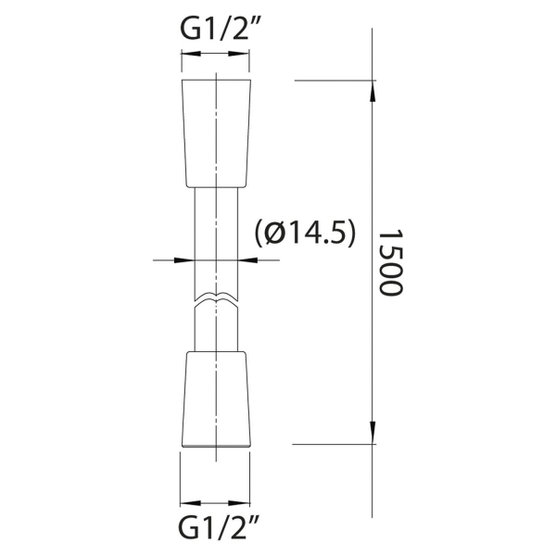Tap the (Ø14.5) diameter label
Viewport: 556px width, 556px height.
coord(305,234)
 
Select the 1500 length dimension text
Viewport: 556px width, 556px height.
coord(391,263)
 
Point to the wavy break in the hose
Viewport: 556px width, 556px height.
coord(216,298)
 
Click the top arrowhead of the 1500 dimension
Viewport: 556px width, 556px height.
coord(372,92)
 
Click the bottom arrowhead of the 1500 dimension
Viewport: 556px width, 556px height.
coord(372,433)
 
